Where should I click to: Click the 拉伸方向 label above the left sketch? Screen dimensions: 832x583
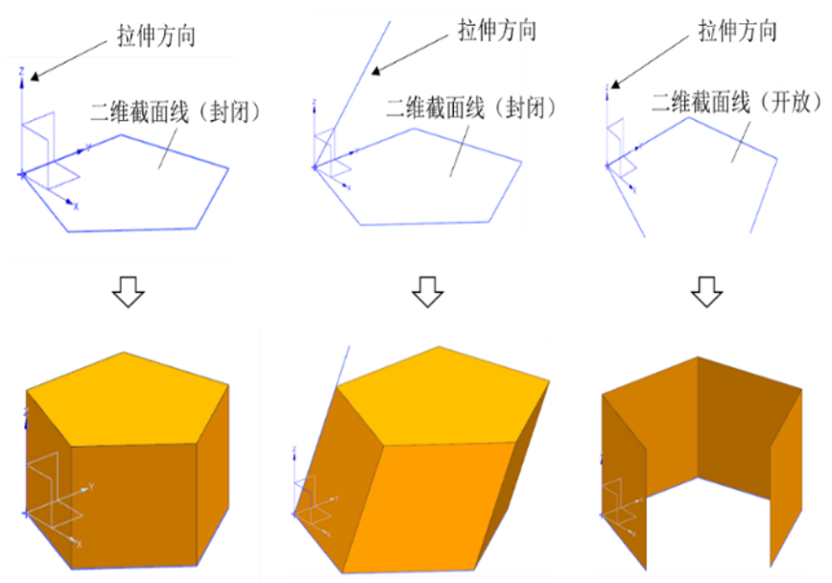click(x=156, y=36)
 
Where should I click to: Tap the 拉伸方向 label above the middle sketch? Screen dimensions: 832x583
click(x=497, y=30)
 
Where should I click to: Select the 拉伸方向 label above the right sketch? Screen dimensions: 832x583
click(x=738, y=31)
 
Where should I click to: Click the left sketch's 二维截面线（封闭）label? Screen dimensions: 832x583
click(x=176, y=111)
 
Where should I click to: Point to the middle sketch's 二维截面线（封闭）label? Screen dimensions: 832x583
click(x=471, y=108)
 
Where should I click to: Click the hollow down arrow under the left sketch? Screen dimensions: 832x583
click(x=129, y=292)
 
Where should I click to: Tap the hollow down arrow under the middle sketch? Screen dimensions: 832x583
click(x=428, y=292)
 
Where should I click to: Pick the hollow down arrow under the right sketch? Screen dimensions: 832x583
click(x=707, y=292)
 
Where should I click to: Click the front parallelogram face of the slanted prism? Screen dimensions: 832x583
click(x=430, y=507)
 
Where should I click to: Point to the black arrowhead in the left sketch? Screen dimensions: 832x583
click(x=35, y=77)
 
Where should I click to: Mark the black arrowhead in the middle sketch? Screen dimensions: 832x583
click(x=376, y=70)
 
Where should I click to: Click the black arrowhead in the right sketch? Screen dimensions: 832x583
click(x=615, y=84)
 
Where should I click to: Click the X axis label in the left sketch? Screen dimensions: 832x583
click(x=76, y=206)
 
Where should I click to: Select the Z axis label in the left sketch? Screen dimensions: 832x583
click(x=22, y=71)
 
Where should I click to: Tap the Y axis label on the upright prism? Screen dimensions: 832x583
click(x=91, y=486)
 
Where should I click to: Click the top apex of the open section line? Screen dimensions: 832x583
click(x=689, y=117)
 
